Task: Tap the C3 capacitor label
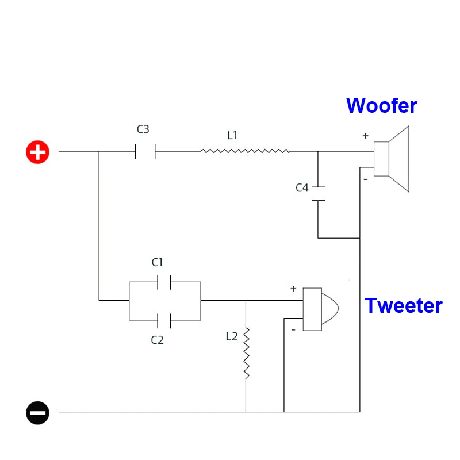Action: coord(143,130)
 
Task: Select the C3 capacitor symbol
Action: coord(145,152)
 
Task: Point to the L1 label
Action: coord(232,136)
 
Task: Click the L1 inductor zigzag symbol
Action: coord(245,151)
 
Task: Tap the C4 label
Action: coord(302,187)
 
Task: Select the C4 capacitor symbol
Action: coord(318,194)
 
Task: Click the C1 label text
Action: coord(157,263)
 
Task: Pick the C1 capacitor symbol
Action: coord(164,282)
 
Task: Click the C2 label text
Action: coord(157,340)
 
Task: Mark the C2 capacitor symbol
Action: coord(164,319)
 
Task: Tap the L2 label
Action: coord(232,337)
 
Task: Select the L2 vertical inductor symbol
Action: coord(246,353)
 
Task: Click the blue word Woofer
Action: coord(381,106)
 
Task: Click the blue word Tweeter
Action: coord(404,305)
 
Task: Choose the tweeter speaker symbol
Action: coord(320,309)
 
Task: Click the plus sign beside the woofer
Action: coord(365,136)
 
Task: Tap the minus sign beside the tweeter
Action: coord(293,329)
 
